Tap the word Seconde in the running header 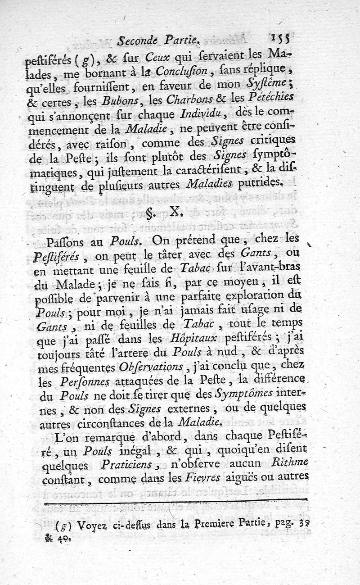pyautogui.click(x=135, y=41)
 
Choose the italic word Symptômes pyautogui.click(x=243, y=393)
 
